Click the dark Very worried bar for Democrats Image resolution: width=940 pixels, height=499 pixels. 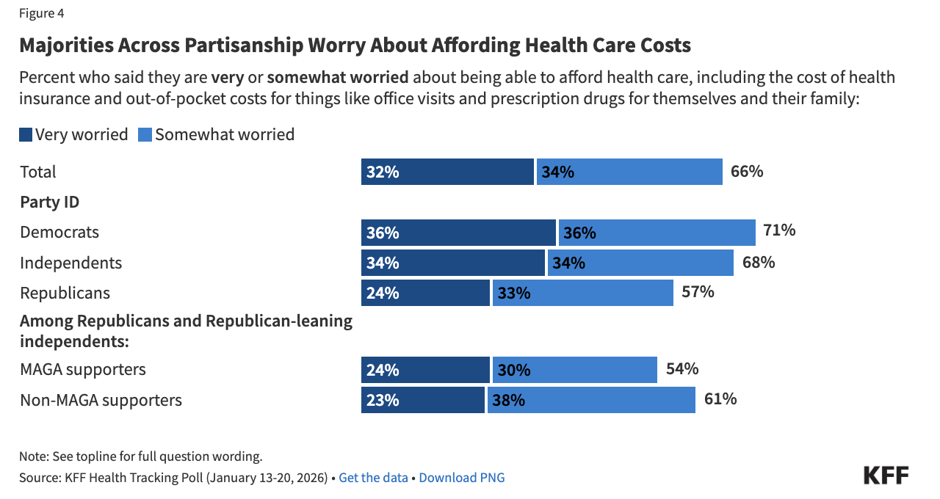point(458,233)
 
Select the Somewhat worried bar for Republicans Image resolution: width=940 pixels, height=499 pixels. point(582,293)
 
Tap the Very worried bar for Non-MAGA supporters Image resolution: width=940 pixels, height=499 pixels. point(423,400)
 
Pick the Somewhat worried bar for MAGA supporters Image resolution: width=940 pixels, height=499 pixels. point(574,370)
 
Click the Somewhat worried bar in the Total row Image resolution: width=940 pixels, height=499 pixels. point(629,172)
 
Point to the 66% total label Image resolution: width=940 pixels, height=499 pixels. point(747,172)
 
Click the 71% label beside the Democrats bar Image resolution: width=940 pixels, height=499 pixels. point(779,230)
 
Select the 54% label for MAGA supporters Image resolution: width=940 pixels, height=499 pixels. point(681,368)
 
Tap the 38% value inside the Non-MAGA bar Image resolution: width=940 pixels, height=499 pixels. point(511,401)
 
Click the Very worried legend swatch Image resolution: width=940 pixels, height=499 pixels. point(26,135)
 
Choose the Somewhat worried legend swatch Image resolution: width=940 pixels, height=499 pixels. point(145,135)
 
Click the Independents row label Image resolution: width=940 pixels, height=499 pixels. point(70,263)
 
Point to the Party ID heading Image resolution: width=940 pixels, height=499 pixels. point(49,202)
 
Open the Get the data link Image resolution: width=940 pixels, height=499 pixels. point(373,478)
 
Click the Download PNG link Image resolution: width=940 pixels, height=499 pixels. point(462,478)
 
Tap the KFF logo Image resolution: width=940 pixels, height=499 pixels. point(886,475)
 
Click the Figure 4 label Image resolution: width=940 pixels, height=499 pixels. point(41,13)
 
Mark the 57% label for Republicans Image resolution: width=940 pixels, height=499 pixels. point(698,291)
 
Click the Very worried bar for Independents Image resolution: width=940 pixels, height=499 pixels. point(453,263)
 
